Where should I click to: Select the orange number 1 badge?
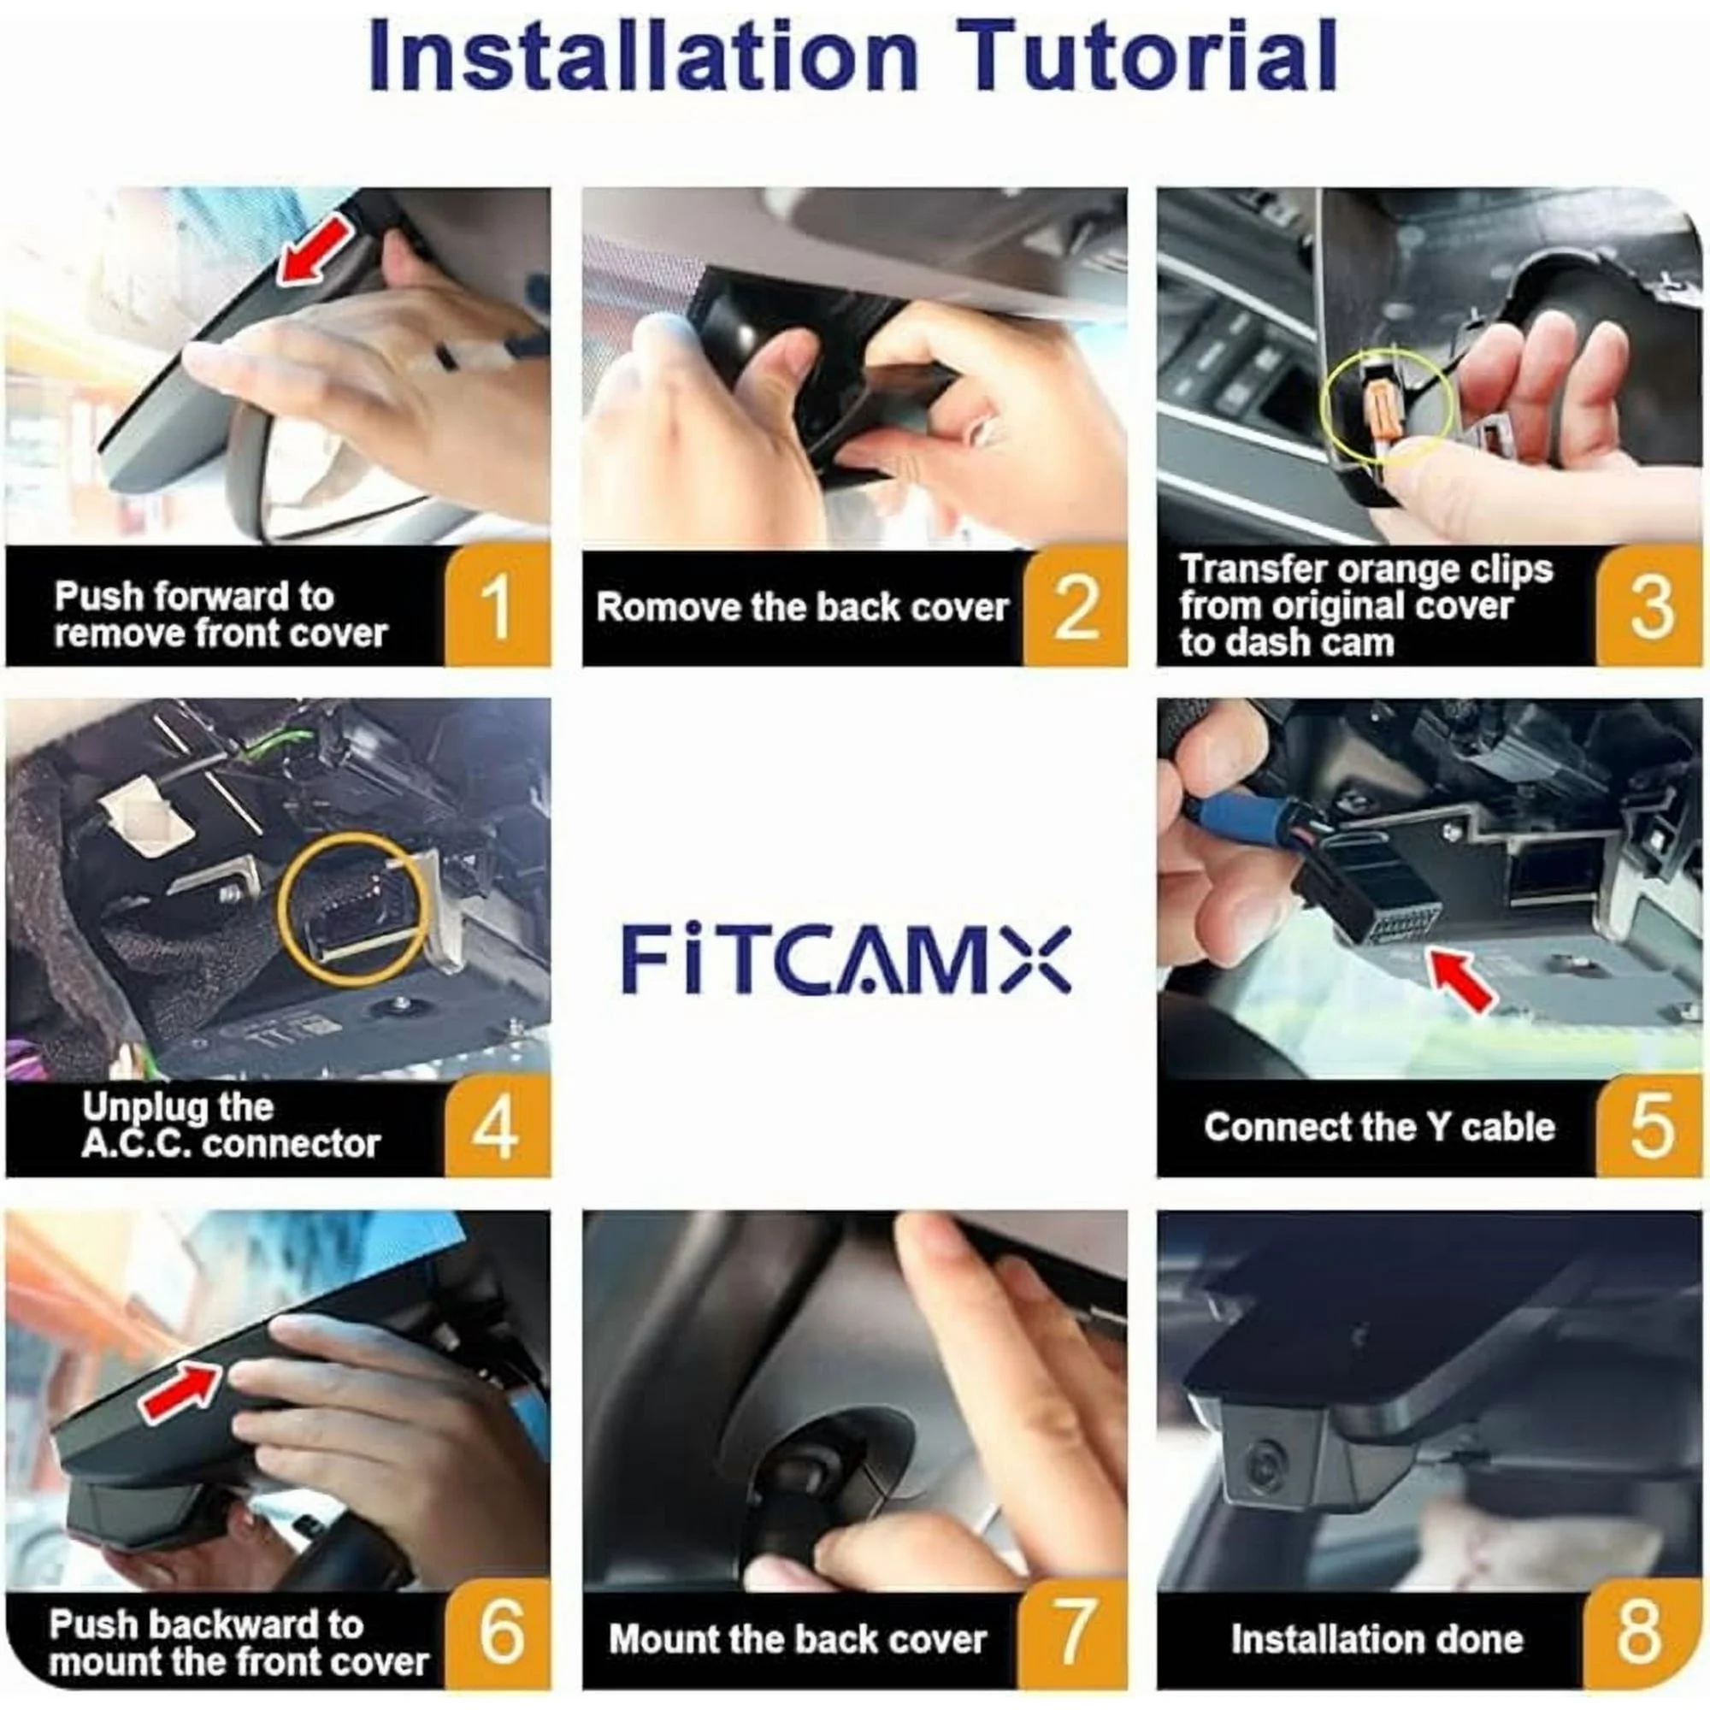[497, 606]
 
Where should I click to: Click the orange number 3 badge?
[1650, 606]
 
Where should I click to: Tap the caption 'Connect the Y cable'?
[1379, 1127]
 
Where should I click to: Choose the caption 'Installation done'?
[1377, 1639]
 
